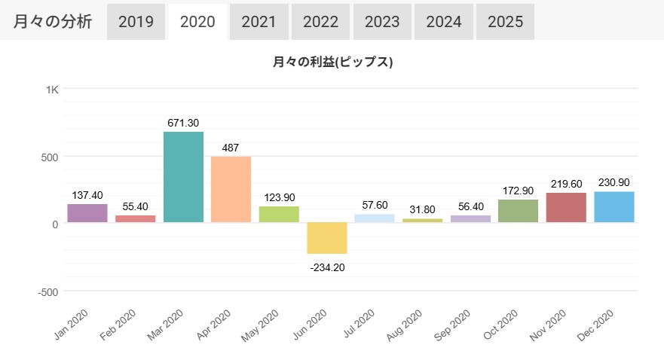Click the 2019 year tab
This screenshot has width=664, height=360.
pos(136,21)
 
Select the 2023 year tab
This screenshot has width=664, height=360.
pos(382,21)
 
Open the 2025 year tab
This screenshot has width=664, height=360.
pos(505,21)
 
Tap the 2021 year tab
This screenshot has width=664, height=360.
pos(259,21)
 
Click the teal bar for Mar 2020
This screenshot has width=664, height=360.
pos(183,177)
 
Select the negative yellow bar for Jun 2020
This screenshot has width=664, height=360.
pos(327,238)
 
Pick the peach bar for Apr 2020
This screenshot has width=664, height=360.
pos(231,189)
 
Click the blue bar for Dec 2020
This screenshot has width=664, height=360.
pos(614,207)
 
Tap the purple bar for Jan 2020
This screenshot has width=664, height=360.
pos(87,213)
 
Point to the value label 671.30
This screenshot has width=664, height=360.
pos(183,123)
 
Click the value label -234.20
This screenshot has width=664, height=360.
pos(327,267)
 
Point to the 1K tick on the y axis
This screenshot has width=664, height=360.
pos(52,90)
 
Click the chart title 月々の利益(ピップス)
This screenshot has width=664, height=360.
pos(332,63)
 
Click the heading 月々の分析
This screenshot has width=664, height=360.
pos(53,21)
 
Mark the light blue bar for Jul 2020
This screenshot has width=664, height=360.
pos(375,218)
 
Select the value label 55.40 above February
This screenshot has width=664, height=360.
pos(136,206)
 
